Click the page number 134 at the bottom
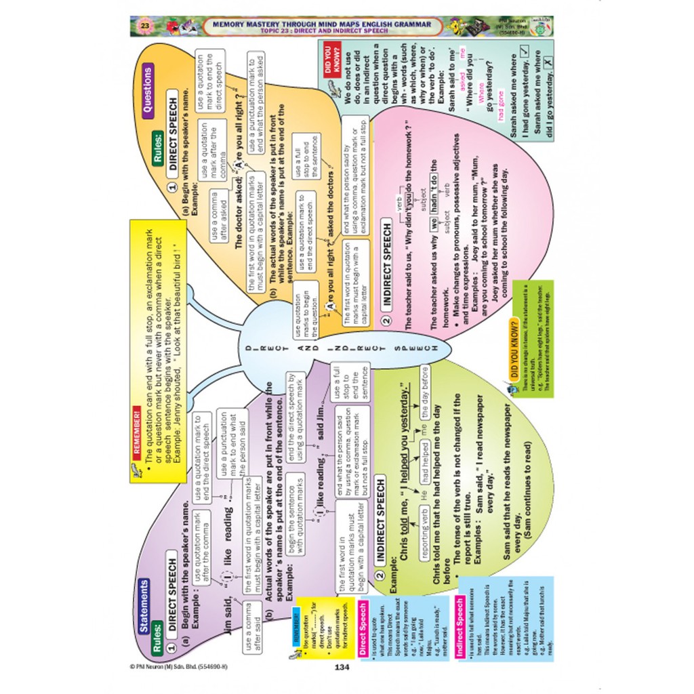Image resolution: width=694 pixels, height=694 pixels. coord(341,667)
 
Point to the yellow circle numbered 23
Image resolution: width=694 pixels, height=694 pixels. coord(144,26)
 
